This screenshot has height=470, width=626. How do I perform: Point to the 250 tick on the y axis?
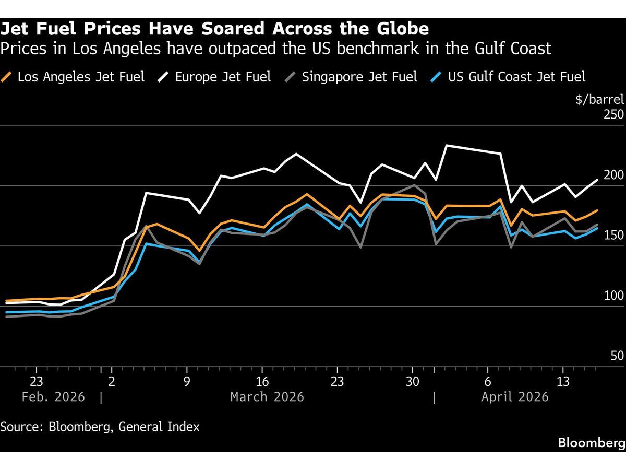click(613, 114)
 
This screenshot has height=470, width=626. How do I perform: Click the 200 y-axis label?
click(613, 175)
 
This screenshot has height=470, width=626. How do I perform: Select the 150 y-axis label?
click(613, 235)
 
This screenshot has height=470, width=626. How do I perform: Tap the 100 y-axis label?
click(613, 296)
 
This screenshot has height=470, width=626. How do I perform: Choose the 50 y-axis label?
click(617, 356)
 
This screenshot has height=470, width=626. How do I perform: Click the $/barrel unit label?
click(599, 99)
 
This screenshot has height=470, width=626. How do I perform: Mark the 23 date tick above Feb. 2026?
click(37, 380)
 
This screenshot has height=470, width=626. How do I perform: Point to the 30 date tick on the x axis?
click(413, 380)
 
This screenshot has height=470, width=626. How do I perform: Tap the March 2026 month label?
click(267, 397)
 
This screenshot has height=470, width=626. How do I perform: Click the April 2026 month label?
click(515, 397)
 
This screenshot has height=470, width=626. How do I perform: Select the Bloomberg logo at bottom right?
click(591, 443)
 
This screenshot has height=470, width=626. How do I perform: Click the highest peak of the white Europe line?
click(446, 145)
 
